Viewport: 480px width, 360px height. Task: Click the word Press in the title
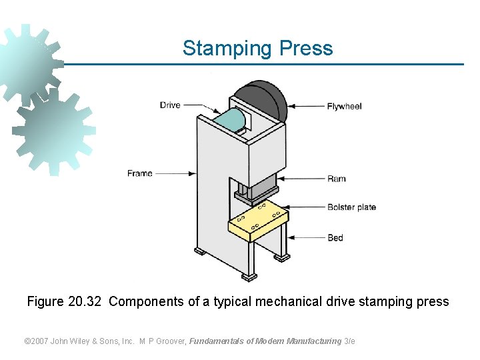(x=306, y=49)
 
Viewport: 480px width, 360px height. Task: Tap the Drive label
(x=170, y=105)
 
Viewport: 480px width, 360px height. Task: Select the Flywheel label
(x=344, y=106)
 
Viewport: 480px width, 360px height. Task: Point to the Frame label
(x=140, y=173)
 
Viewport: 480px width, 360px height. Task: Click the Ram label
(x=336, y=179)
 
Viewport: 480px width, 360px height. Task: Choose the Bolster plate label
(x=351, y=207)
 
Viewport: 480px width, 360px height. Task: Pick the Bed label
(x=335, y=237)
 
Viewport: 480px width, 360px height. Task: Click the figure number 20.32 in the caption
(x=85, y=301)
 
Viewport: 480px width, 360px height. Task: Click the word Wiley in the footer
(x=85, y=341)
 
